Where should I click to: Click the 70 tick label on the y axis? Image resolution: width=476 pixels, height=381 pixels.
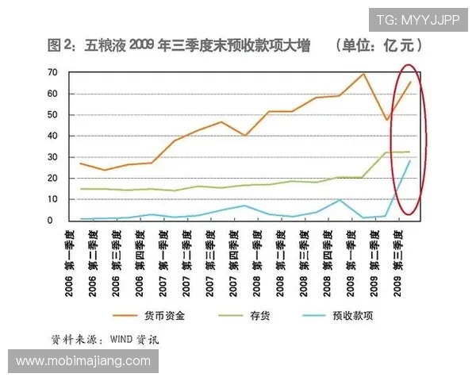(x=52, y=72)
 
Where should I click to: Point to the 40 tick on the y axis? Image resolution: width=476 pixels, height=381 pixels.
(x=52, y=136)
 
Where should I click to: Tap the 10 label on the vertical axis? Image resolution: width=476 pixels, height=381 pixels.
(x=52, y=199)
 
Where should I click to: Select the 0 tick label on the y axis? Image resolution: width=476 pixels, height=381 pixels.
(x=55, y=220)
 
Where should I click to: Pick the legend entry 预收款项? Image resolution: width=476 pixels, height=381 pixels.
(x=353, y=315)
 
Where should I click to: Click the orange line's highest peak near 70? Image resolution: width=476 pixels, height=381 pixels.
(x=363, y=74)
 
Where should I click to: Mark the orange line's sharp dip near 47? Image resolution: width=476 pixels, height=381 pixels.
(x=386, y=120)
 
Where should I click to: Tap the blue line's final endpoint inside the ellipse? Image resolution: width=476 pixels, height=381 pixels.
(x=410, y=161)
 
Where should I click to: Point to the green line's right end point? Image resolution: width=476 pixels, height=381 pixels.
(x=410, y=152)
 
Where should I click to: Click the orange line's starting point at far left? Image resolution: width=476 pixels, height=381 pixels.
(x=81, y=164)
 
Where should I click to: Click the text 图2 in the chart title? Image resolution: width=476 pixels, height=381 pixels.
(x=59, y=45)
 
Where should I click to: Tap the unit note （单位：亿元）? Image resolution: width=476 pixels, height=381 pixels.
(x=378, y=45)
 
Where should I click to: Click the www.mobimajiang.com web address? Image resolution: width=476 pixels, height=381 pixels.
(x=83, y=361)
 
